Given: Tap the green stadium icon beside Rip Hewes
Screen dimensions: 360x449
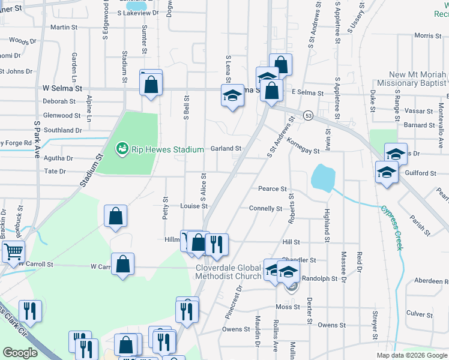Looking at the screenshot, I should [122, 147].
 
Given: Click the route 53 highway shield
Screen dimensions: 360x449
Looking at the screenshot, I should [308, 115].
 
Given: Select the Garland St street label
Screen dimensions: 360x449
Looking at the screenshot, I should [226, 148].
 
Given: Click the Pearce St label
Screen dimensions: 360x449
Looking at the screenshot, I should [272, 188].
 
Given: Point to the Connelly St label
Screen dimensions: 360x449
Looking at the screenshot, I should [265, 208].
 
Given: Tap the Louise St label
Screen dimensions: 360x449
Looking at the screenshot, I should [194, 206].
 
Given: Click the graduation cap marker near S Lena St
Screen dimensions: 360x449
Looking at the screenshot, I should [232, 96].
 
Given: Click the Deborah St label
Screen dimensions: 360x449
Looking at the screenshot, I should [59, 101].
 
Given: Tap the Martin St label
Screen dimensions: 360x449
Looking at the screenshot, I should [64, 27].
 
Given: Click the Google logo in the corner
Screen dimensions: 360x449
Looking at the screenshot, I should [20, 353].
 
